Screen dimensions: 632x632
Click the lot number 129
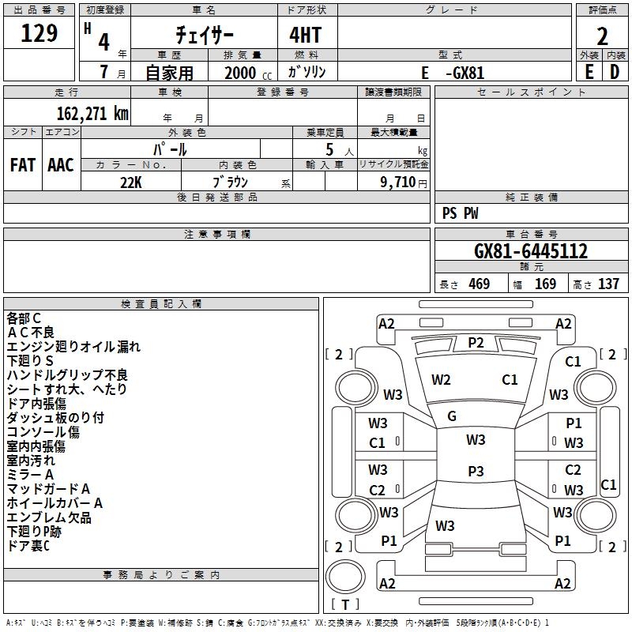click(39, 33)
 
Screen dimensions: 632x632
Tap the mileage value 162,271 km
click(92, 113)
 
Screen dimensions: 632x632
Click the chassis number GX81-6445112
click(531, 251)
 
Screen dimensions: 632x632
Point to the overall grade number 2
click(602, 36)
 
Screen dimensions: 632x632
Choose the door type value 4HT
click(306, 35)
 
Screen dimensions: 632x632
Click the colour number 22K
click(131, 182)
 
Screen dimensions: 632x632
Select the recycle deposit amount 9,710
click(398, 182)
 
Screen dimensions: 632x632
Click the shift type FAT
click(23, 165)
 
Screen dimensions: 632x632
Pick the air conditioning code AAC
click(61, 165)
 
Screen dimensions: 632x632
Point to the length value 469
click(480, 284)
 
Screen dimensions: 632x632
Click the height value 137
click(608, 284)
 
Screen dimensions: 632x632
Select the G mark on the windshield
click(452, 416)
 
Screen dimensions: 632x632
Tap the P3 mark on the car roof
click(476, 471)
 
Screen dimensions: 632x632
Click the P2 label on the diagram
click(476, 343)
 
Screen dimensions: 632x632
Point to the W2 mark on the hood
click(441, 380)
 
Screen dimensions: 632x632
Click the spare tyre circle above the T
click(345, 577)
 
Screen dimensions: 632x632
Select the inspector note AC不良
click(31, 333)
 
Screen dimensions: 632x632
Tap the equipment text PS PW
click(461, 213)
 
